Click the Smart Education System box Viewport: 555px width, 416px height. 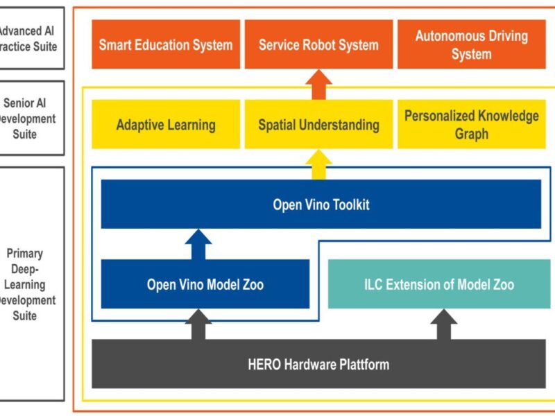click(x=165, y=44)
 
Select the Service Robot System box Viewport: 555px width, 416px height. click(x=318, y=44)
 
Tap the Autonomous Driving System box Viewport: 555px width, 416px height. click(x=471, y=44)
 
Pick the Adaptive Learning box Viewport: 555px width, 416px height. click(x=165, y=125)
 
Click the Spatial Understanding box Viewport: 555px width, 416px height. click(x=318, y=125)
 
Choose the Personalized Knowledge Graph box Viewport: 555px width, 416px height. click(x=471, y=125)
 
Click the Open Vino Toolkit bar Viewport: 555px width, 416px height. click(x=321, y=205)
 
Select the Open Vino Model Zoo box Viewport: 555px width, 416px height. click(x=205, y=284)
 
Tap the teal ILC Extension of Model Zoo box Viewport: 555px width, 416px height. click(x=439, y=284)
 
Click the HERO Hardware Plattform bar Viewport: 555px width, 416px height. click(x=318, y=364)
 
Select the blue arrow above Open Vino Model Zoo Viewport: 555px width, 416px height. click(x=198, y=245)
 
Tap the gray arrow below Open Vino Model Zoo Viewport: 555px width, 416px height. click(x=198, y=324)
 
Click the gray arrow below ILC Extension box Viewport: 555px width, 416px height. click(x=444, y=324)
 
